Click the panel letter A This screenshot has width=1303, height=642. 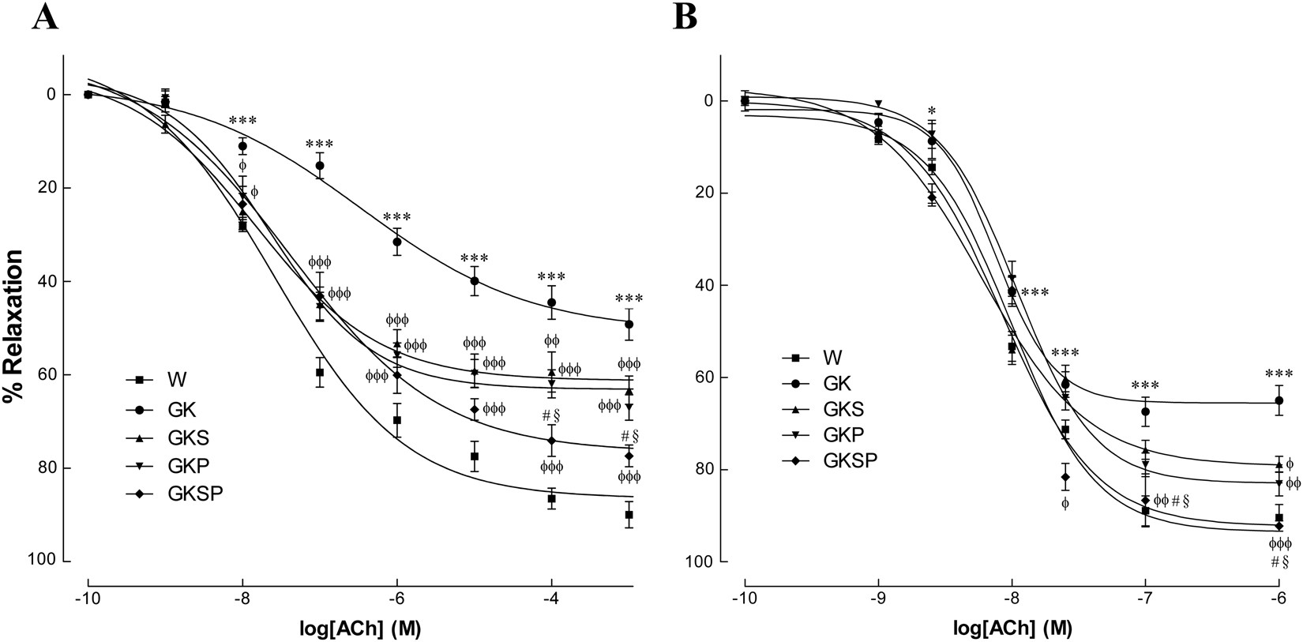[45, 17]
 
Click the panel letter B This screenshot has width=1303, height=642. [684, 17]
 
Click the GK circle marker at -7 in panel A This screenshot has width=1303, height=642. [320, 166]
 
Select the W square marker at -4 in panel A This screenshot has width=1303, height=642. [552, 498]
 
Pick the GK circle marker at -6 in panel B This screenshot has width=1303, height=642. [1279, 401]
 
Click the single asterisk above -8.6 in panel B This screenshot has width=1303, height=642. [932, 111]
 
